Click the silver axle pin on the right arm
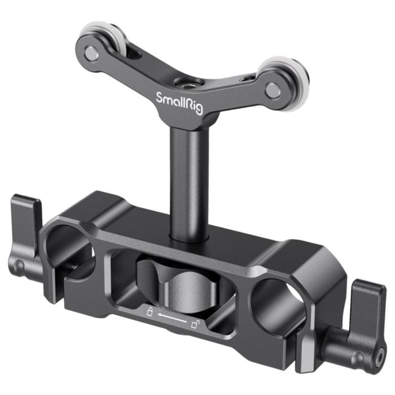pyautogui.click(x=273, y=88)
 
